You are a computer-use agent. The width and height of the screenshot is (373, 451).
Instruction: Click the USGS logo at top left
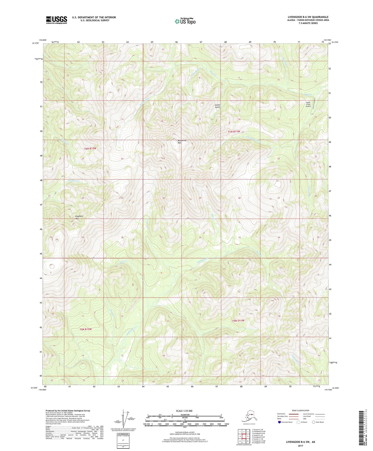57,20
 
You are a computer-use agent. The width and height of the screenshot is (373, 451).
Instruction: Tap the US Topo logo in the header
185,21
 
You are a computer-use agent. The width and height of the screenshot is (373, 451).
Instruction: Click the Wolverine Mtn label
182,141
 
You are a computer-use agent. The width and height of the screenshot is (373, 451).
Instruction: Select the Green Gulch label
218,106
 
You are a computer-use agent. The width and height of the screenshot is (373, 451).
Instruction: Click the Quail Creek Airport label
308,104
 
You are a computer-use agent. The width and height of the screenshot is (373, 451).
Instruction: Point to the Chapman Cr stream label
74,181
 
